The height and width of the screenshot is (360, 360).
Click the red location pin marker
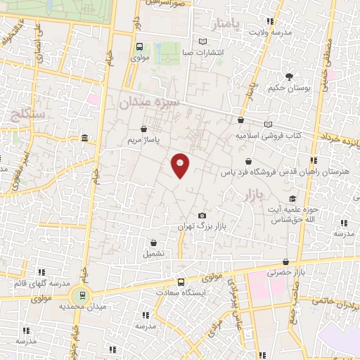click(181, 165)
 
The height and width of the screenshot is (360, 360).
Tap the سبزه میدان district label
click(148, 103)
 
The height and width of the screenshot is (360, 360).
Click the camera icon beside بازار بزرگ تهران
click(202, 215)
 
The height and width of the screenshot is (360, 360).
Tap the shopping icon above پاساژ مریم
click(144, 129)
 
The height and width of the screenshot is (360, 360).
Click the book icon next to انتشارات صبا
click(203, 41)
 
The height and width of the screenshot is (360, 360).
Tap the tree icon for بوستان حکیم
click(288, 77)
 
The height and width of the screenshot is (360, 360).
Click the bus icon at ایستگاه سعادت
click(181, 282)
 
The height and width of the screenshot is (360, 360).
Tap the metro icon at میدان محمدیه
click(84, 295)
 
